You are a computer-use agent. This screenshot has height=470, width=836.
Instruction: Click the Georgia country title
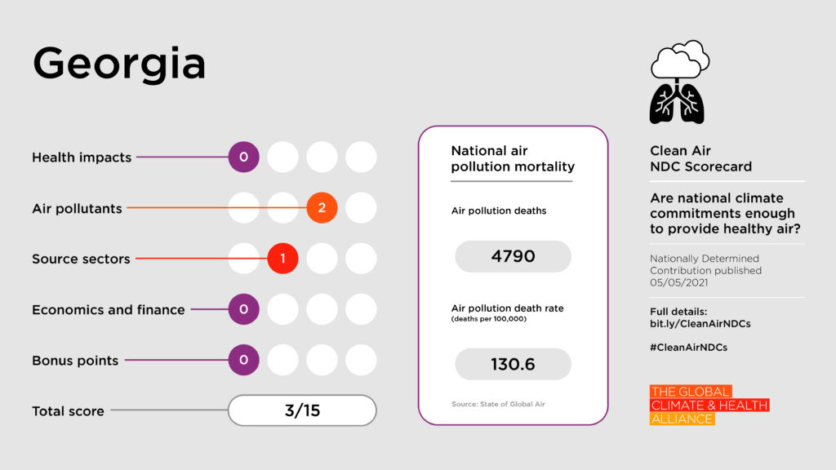tap(119, 64)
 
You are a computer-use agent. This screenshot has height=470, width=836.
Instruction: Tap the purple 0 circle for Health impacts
tap(243, 157)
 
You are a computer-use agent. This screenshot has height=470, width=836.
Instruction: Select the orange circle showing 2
tap(322, 208)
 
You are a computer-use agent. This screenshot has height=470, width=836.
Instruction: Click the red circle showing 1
tap(282, 259)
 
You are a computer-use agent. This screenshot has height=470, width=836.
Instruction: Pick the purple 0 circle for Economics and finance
tap(243, 309)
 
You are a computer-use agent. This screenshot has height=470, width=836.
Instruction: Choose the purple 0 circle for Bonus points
tap(243, 360)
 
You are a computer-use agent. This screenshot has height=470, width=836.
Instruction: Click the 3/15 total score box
tap(302, 410)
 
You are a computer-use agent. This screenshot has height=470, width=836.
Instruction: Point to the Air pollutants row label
tap(77, 208)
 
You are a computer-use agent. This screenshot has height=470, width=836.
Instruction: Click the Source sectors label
tap(81, 259)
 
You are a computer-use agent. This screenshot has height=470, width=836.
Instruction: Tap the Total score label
tap(68, 411)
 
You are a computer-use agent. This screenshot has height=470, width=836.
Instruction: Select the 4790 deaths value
tap(513, 256)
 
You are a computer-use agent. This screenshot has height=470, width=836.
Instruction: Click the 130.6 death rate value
tap(513, 364)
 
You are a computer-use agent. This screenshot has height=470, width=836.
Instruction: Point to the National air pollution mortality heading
tap(513, 159)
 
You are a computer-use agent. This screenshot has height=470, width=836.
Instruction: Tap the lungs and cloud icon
tap(678, 82)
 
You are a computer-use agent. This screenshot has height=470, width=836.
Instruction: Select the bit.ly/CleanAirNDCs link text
tap(700, 324)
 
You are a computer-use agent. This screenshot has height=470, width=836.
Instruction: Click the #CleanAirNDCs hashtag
tap(688, 347)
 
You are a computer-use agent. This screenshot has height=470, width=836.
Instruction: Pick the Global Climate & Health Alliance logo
tap(709, 406)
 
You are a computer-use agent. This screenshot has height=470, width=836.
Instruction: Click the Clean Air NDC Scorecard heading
tap(700, 158)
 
